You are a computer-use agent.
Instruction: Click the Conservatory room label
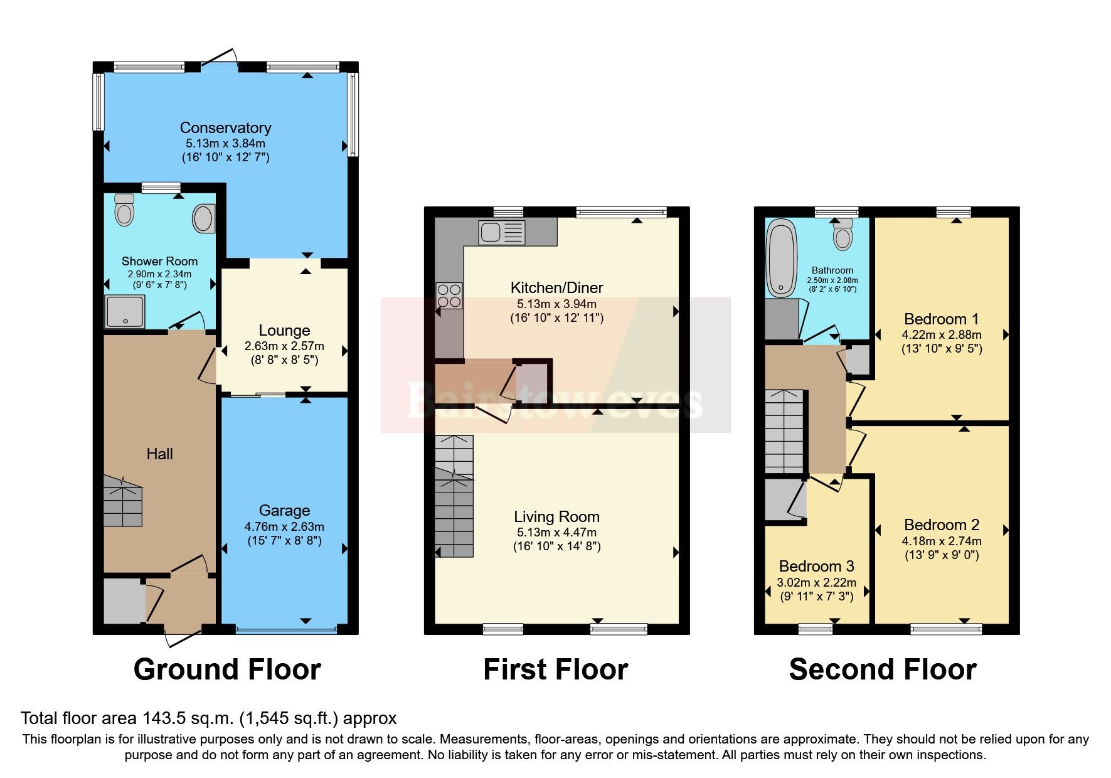225,128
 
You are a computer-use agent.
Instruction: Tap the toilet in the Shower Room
125,210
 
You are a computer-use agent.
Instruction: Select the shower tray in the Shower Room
125,312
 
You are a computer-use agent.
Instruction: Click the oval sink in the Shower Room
203,219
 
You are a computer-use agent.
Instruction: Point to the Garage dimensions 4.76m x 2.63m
284,527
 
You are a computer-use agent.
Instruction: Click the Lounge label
284,331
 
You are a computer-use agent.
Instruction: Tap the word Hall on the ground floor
159,454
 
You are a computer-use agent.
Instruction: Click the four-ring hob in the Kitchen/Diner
449,296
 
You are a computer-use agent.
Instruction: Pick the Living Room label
556,517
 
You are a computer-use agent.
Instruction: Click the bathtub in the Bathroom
781,258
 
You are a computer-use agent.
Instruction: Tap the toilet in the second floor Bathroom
843,236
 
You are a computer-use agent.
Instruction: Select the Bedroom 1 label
941,319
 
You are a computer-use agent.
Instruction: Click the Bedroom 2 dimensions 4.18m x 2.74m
942,541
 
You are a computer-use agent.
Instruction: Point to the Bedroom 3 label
816,567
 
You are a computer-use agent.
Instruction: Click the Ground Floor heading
227,669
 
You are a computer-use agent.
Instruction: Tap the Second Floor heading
883,669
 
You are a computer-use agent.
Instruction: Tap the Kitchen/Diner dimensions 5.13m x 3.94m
556,304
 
